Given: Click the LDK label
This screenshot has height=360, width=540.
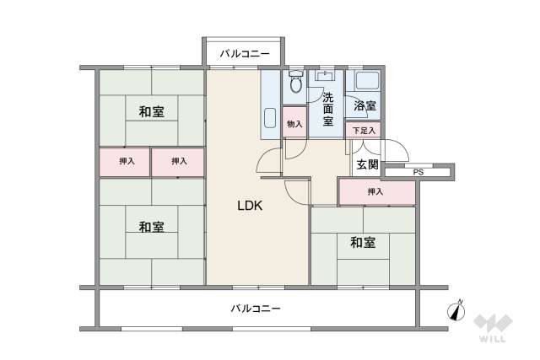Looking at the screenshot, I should pos(251,205).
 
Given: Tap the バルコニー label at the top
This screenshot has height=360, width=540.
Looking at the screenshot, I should pos(244,54).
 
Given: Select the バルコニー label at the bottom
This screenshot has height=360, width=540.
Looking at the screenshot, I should pos(256,309).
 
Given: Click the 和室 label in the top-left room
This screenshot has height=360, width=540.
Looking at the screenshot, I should pos(152,110).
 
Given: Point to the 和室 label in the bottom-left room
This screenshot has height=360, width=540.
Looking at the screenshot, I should pos(152,226).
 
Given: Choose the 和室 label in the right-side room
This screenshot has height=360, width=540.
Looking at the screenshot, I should pos(364,243).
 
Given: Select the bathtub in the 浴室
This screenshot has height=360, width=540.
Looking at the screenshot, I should pos(365,83).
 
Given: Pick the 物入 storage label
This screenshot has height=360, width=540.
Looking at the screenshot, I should pos(294,124).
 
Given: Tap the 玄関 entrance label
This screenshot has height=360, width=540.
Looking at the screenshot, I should pos(366,164).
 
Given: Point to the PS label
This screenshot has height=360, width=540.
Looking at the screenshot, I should pos(417,172).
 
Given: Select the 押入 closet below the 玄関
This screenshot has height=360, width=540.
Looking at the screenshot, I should pos(375,192).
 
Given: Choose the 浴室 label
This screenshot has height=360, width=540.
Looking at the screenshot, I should pos(364,107).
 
